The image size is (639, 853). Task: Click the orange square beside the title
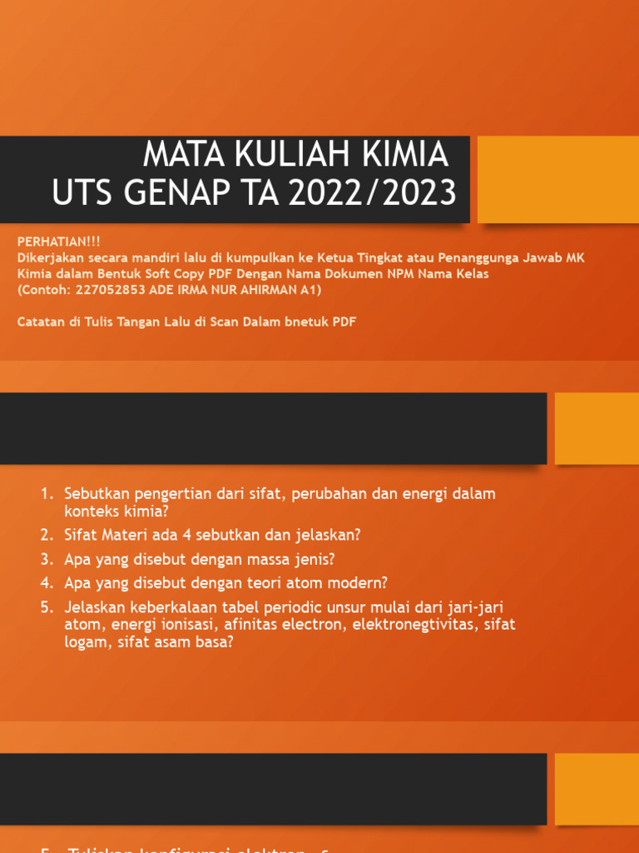[x=557, y=179]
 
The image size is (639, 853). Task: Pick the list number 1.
[x=47, y=494]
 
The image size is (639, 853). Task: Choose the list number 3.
[x=47, y=558]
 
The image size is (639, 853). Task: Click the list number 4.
[x=47, y=582]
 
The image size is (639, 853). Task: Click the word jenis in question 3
[x=315, y=558]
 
